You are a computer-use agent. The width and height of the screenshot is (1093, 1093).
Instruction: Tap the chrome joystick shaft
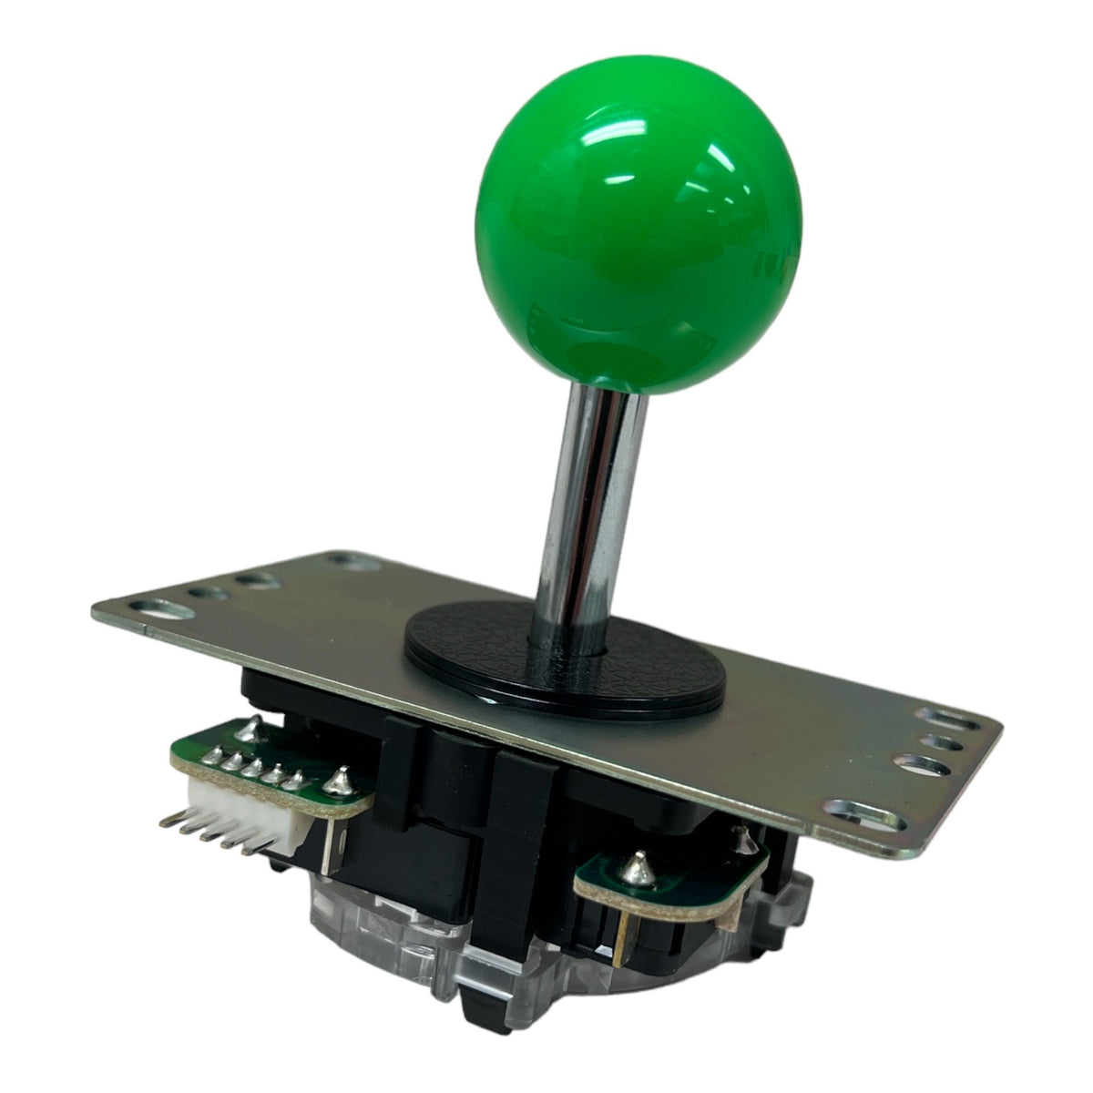(592, 510)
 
